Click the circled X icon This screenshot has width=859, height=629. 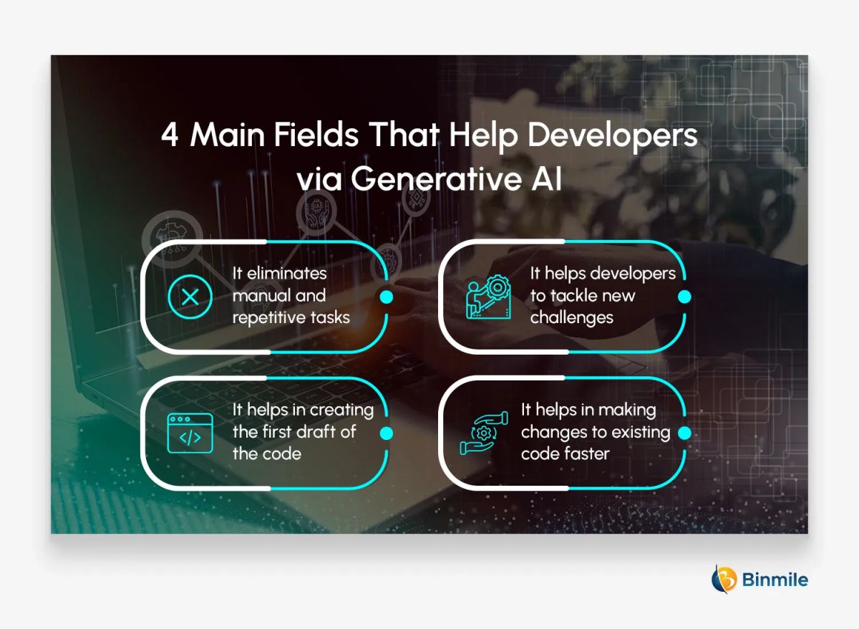(190, 297)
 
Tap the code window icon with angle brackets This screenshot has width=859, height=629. (190, 433)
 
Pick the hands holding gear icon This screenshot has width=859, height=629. (483, 433)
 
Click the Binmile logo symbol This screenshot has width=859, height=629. (724, 578)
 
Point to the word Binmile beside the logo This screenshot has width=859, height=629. (775, 578)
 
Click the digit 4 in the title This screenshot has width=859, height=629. (170, 135)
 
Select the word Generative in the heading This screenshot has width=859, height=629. (439, 178)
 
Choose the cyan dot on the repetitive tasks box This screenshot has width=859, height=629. (387, 297)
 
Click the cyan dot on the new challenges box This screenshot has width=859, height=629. (684, 297)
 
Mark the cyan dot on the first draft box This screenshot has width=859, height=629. (387, 433)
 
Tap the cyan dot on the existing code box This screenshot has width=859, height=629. (684, 433)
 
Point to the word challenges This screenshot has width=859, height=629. (571, 317)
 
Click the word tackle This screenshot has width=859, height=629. (573, 295)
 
